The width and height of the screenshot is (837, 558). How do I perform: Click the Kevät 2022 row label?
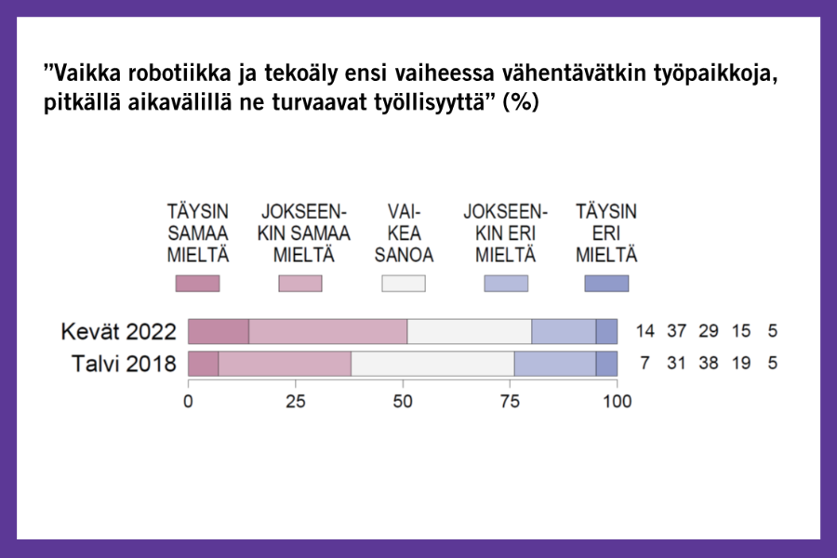pyautogui.click(x=118, y=332)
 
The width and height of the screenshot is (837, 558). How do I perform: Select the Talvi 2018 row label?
pyautogui.click(x=124, y=364)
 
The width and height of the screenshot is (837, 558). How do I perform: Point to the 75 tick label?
pyautogui.click(x=510, y=401)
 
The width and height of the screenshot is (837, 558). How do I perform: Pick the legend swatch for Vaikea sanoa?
pyautogui.click(x=404, y=284)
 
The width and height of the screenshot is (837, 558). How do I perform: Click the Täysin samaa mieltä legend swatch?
pyautogui.click(x=197, y=284)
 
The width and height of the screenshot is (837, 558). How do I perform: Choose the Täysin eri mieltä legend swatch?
pyautogui.click(x=606, y=284)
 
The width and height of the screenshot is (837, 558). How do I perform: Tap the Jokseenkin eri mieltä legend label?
pyautogui.click(x=506, y=233)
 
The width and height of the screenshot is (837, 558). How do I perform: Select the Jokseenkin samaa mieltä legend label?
pyautogui.click(x=304, y=233)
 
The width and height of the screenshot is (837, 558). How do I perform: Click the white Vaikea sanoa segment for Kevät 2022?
pyautogui.click(x=470, y=332)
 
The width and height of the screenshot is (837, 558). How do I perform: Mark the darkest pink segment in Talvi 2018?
pyautogui.click(x=204, y=364)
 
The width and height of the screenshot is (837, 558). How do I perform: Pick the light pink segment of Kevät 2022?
pyautogui.click(x=327, y=332)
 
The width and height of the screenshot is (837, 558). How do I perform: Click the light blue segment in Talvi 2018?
pyautogui.click(x=555, y=364)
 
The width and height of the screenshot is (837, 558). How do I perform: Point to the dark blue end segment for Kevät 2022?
pyautogui.click(x=606, y=332)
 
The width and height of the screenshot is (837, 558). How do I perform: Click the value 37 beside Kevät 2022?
pyautogui.click(x=676, y=331)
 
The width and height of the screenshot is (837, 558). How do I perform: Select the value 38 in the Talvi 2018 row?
pyautogui.click(x=709, y=363)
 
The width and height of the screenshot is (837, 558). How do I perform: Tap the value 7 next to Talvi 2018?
pyautogui.click(x=644, y=363)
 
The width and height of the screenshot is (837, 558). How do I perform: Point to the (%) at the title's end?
pyautogui.click(x=521, y=102)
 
